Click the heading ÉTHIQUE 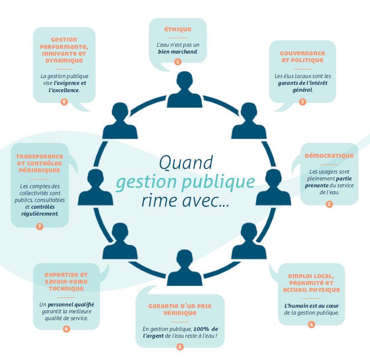(177, 30)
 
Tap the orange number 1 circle (178, 62)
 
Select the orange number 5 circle (180, 347)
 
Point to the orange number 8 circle (64, 102)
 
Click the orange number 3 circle (329, 204)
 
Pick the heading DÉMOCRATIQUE (329, 156)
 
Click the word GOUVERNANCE (302, 53)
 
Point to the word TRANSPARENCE (39, 156)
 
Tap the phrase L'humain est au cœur (311, 305)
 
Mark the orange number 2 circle (302, 102)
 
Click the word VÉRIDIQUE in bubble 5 (180, 313)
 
